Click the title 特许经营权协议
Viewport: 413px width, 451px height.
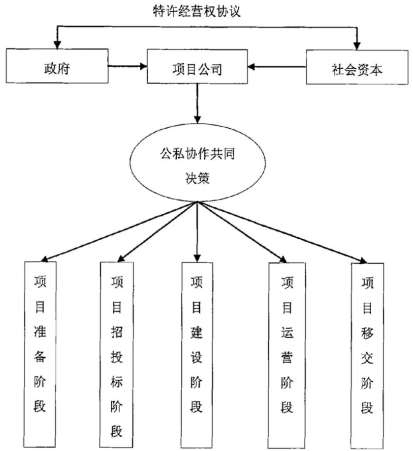pyautogui.click(x=196, y=11)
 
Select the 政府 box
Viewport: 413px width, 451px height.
pyautogui.click(x=57, y=66)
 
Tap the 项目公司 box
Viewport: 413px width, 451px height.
pyautogui.click(x=197, y=66)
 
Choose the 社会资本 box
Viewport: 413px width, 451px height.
pyautogui.click(x=357, y=67)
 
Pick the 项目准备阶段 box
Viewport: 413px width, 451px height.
pyautogui.click(x=40, y=354)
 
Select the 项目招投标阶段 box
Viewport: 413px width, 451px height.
pyautogui.click(x=117, y=355)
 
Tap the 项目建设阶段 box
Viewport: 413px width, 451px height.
pyautogui.click(x=197, y=355)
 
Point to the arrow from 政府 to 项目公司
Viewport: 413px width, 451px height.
pyautogui.click(x=127, y=66)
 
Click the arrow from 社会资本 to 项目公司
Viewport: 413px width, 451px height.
pyautogui.click(x=277, y=67)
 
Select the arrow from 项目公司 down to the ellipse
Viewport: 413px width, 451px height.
pyautogui.click(x=197, y=104)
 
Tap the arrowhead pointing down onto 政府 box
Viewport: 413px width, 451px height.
pyautogui.click(x=58, y=45)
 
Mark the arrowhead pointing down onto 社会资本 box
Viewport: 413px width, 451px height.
pyautogui.click(x=357, y=46)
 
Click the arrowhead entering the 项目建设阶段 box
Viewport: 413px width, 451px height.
pyautogui.click(x=197, y=258)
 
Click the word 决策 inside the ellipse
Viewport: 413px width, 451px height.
pyautogui.click(x=197, y=178)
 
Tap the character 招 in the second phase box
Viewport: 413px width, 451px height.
pyautogui.click(x=117, y=332)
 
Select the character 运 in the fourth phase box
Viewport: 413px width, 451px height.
pyautogui.click(x=287, y=332)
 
